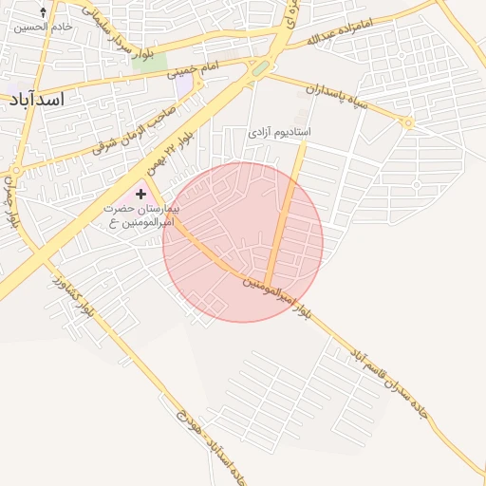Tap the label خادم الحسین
click(x=43, y=27)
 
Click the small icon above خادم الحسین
click(x=43, y=12)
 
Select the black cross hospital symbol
click(x=141, y=194)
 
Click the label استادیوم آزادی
click(x=280, y=132)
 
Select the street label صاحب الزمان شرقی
click(x=123, y=136)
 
